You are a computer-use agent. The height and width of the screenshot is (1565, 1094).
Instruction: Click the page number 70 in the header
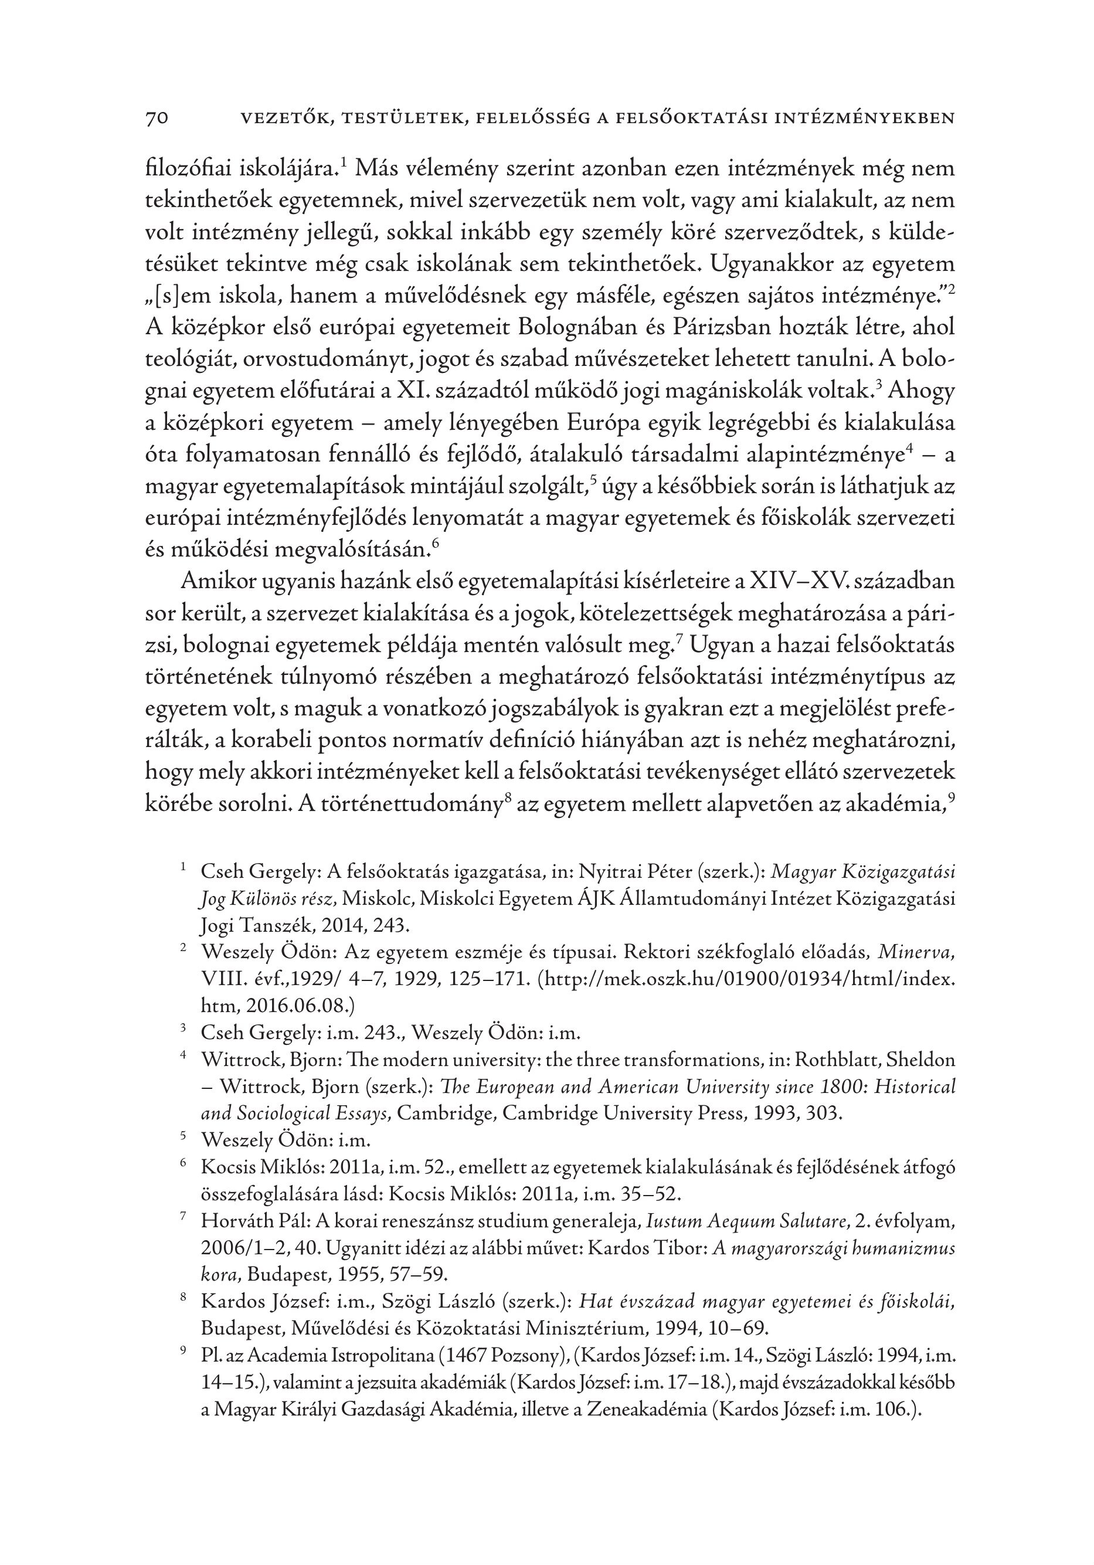click(157, 118)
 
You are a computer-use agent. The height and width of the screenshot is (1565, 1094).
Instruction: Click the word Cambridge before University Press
click(441, 1113)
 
